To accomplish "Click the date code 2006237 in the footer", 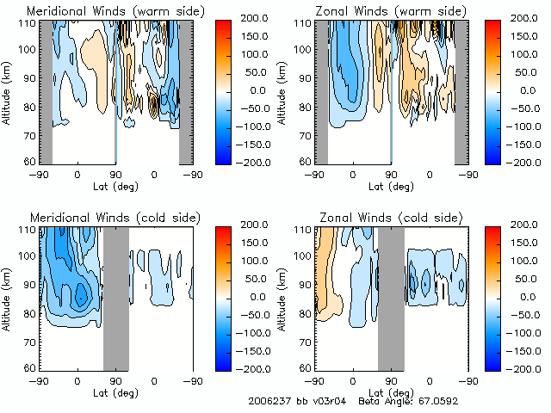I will (269, 401).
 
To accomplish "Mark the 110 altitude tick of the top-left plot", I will (27, 22).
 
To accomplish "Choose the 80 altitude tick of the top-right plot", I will (303, 108).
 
